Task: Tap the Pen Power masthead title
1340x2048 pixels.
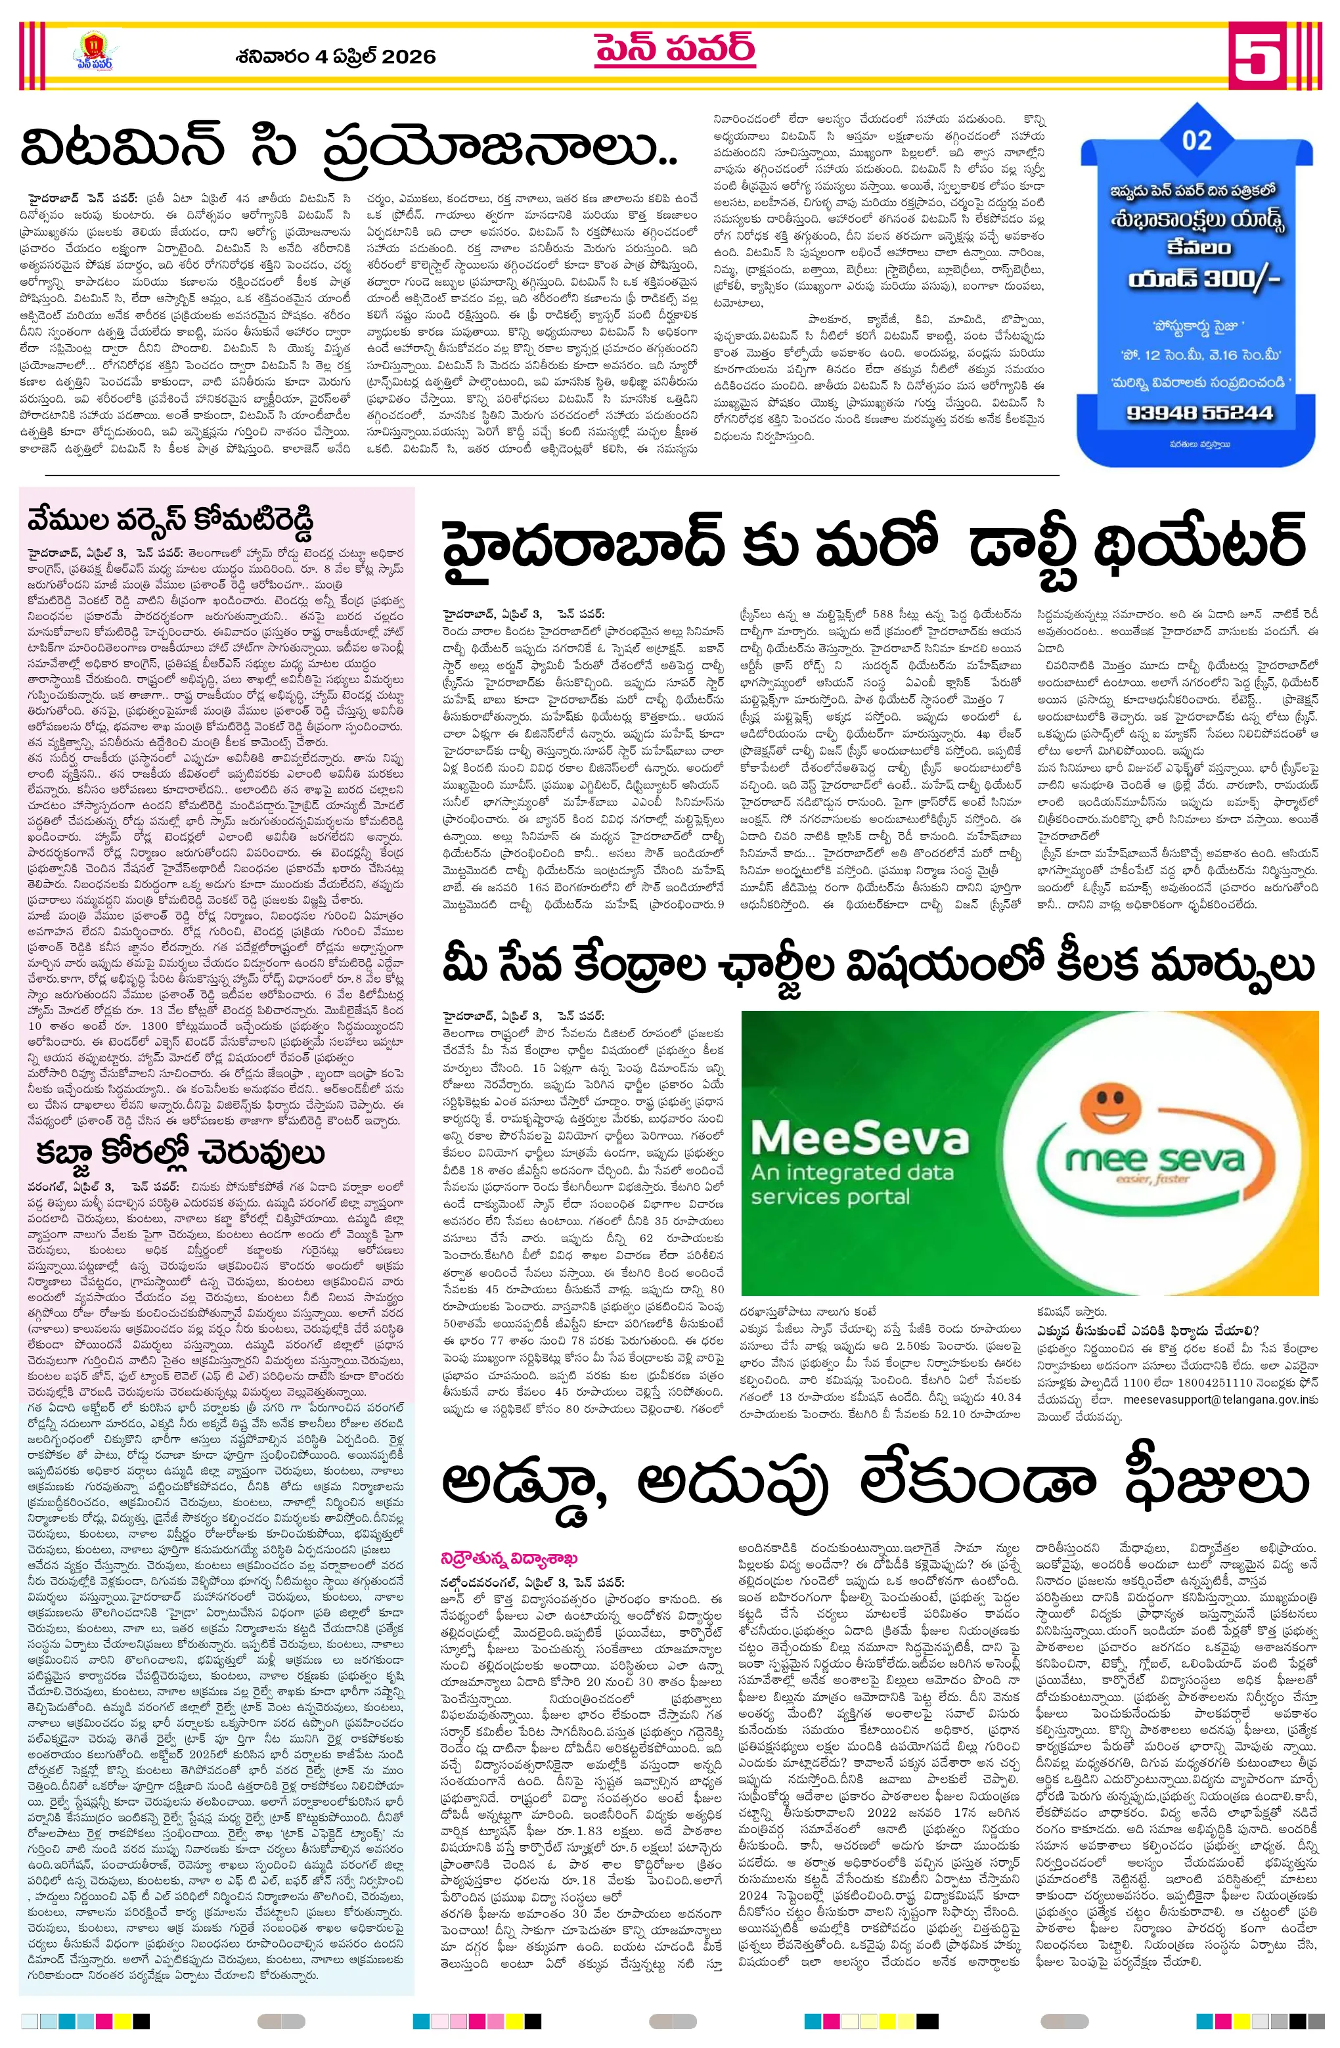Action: pyautogui.click(x=675, y=51)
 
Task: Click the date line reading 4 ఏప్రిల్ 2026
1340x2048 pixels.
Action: pyautogui.click(x=336, y=56)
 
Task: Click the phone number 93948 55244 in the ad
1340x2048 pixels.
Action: pyautogui.click(x=1199, y=412)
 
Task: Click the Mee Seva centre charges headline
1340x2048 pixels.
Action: pyautogui.click(x=878, y=966)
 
